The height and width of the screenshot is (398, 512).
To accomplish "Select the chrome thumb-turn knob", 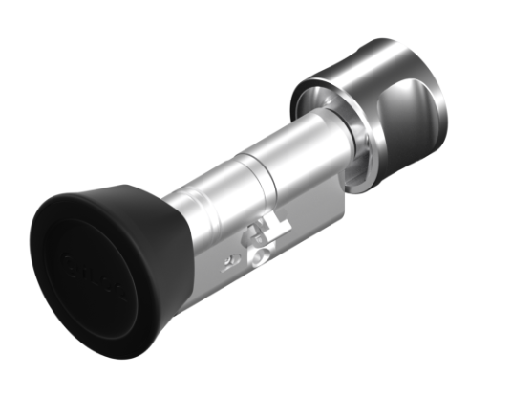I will point(382,105).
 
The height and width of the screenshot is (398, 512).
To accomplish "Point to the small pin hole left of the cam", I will point(225,259).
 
